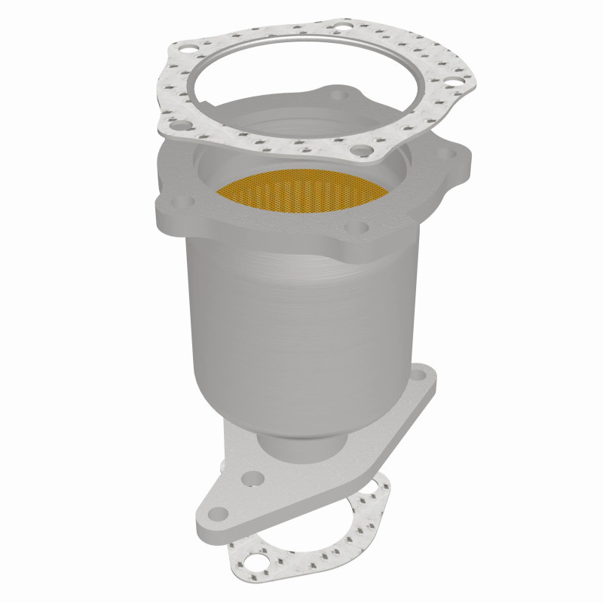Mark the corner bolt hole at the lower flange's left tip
tap(217, 513)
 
